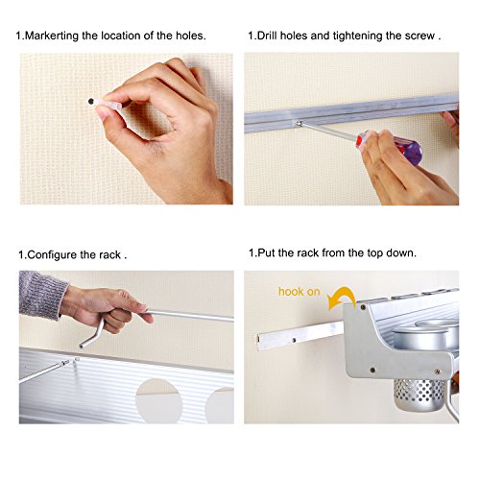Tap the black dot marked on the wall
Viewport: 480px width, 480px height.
[91, 102]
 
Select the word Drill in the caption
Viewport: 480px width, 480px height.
[267, 36]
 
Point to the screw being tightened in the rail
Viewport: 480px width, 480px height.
[299, 123]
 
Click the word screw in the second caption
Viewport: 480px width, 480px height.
[420, 36]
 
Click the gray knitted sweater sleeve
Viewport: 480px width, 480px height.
[42, 294]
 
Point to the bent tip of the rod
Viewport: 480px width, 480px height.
[82, 346]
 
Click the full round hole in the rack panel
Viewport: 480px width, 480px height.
[158, 400]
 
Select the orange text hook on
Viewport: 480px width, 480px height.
[299, 292]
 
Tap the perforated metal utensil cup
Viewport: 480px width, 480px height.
[420, 396]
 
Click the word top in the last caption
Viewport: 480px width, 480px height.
[375, 253]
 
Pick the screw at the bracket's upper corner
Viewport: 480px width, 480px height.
[363, 307]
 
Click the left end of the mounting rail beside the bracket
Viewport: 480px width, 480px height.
[258, 343]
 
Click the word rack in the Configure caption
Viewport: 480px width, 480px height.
[109, 255]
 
